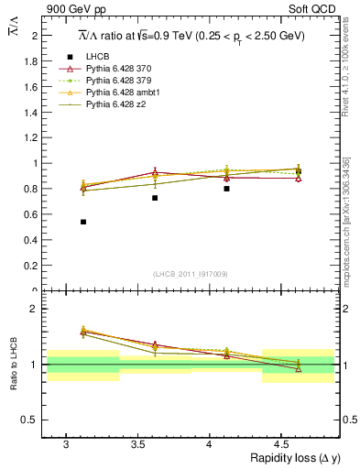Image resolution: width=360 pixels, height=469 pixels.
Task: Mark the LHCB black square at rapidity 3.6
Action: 155,198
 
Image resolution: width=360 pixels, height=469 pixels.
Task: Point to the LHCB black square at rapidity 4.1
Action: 226,188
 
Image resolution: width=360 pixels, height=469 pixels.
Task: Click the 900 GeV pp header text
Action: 75,10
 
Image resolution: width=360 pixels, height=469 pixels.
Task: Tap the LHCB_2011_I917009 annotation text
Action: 191,273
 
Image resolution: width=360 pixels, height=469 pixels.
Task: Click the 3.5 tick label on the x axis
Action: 137,443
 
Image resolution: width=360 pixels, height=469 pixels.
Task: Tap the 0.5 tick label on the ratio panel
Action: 31,420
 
